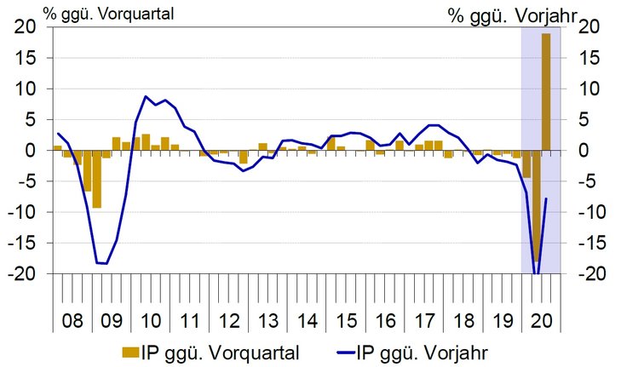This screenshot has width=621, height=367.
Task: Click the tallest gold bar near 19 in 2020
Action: (x=545, y=91)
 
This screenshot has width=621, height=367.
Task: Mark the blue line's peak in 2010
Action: (x=146, y=97)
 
